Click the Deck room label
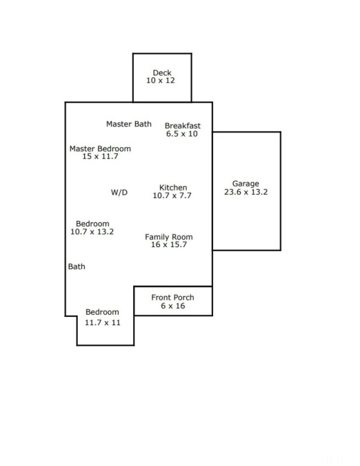click(162, 72)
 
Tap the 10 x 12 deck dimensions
click(161, 81)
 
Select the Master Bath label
click(129, 124)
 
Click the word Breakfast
click(183, 126)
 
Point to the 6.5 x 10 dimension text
click(182, 134)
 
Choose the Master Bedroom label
click(100, 148)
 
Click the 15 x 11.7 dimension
click(100, 156)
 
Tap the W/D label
click(119, 193)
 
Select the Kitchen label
click(173, 188)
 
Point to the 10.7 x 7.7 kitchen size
click(172, 195)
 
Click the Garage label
click(246, 184)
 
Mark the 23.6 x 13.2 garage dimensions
click(246, 192)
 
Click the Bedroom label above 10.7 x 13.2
click(92, 224)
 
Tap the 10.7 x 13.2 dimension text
click(92, 232)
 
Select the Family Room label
click(169, 237)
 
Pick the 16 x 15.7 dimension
click(169, 244)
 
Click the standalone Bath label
click(77, 266)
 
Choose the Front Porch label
click(172, 298)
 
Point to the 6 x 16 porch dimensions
click(173, 306)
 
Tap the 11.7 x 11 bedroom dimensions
click(103, 323)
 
